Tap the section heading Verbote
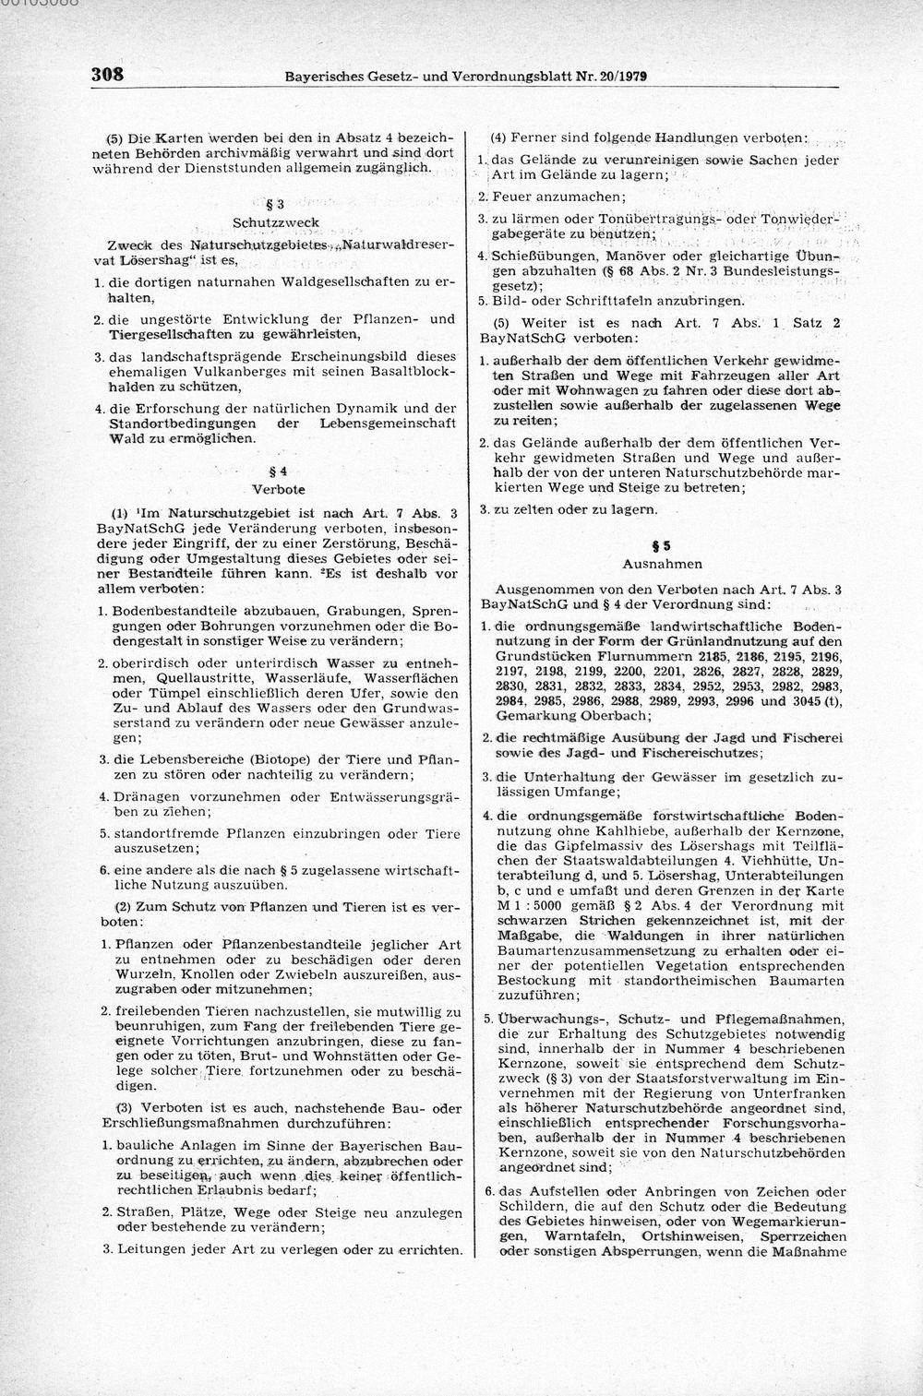[279, 488]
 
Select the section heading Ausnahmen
[662, 564]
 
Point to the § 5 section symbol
[662, 544]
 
